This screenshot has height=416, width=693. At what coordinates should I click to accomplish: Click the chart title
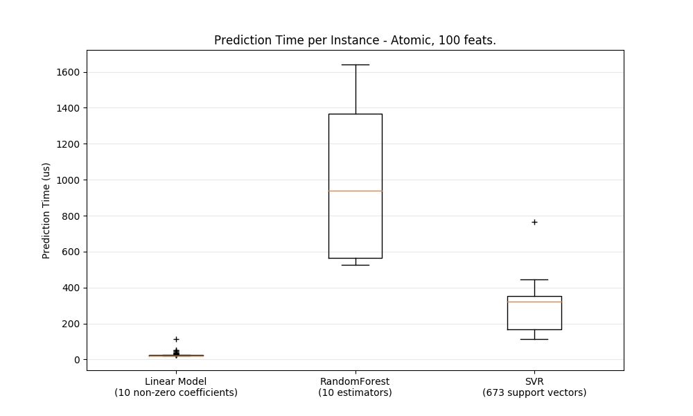coord(355,40)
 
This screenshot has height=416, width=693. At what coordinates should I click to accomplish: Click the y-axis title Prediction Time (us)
coord(46,210)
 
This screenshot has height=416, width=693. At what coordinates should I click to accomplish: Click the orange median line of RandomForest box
coord(355,191)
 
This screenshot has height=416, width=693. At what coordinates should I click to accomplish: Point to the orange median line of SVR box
coord(534,302)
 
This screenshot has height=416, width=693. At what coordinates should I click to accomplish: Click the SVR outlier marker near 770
coord(534,222)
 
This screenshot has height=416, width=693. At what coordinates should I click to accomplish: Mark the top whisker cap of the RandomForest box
coord(355,64)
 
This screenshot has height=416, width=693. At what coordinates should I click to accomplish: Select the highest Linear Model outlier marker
coord(176,339)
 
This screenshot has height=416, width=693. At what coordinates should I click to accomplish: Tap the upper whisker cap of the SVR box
coord(534,279)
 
